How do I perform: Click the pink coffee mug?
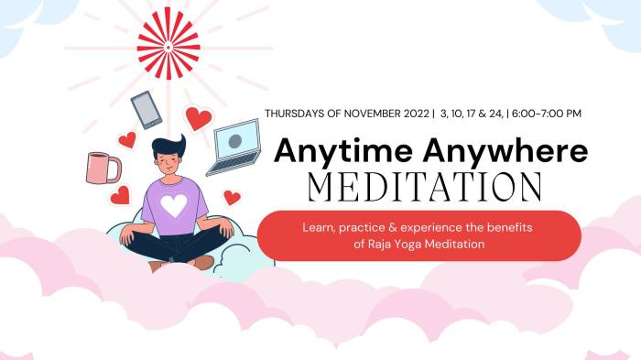click(x=102, y=168)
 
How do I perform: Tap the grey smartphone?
click(x=146, y=110)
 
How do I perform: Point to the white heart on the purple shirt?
click(x=174, y=204)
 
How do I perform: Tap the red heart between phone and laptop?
click(x=197, y=117)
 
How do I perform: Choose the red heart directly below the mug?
click(x=120, y=195)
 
